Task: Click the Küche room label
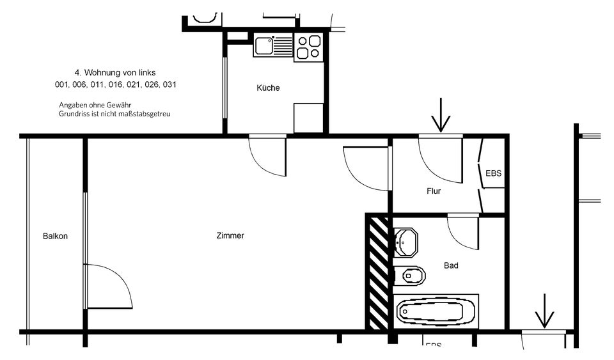point(268,88)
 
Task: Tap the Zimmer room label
point(230,236)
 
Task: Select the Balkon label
point(55,237)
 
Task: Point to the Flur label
point(434,191)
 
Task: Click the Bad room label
point(451,265)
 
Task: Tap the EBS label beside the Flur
point(494,173)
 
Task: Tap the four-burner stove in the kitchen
point(309,47)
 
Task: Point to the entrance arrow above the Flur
point(441,115)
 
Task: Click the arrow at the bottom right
point(544,311)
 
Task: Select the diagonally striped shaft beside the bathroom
point(378,272)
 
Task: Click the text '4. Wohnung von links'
point(115,73)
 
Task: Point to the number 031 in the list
point(169,84)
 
